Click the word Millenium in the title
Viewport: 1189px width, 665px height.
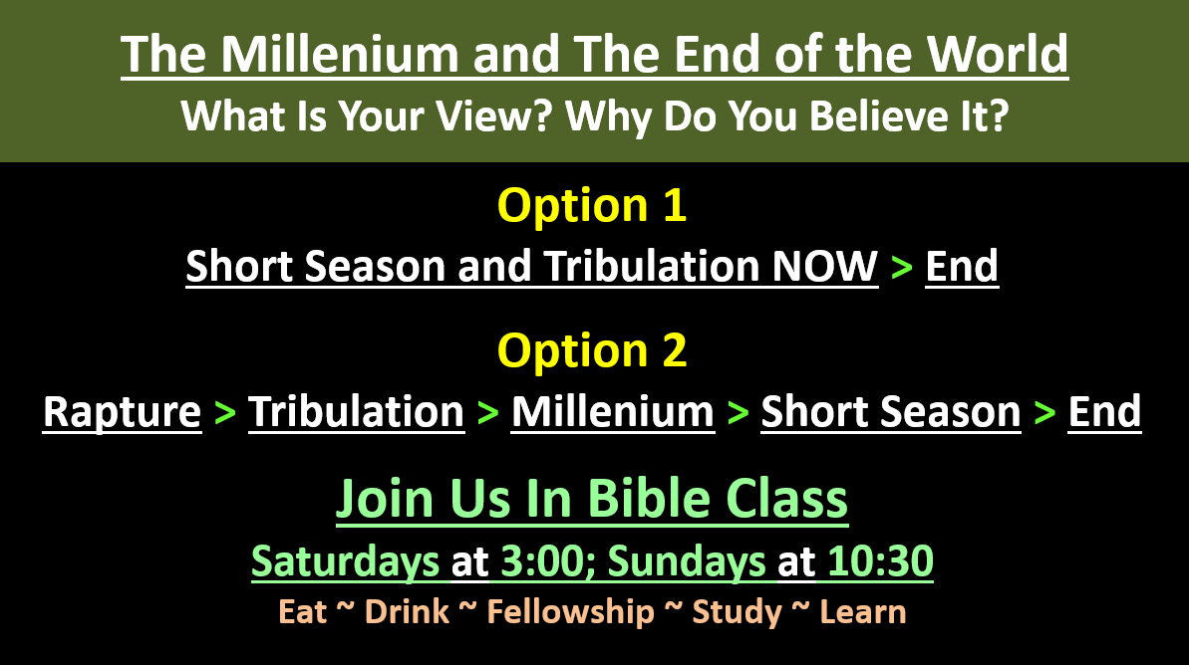pos(340,54)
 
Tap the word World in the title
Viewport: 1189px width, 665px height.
pos(998,54)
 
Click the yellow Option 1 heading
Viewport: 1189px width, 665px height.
pos(591,205)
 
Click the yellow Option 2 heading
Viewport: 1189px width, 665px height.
pos(591,350)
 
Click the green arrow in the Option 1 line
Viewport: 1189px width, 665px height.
pos(902,268)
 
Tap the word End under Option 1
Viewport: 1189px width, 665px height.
pos(962,266)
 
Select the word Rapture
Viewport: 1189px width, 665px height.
pos(122,412)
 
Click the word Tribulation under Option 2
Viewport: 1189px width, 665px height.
pos(357,412)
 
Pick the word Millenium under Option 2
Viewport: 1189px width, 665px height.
pos(613,412)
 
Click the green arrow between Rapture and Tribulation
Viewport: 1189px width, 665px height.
pos(225,413)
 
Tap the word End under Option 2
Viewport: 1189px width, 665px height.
pos(1104,412)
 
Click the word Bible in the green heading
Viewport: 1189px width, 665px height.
pos(649,499)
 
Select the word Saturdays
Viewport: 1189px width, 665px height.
pos(345,562)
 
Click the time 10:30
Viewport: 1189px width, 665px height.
pos(880,562)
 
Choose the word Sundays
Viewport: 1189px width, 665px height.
pos(687,562)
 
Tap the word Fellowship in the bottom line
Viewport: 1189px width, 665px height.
pos(570,612)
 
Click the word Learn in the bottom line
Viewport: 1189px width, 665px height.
pos(863,612)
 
